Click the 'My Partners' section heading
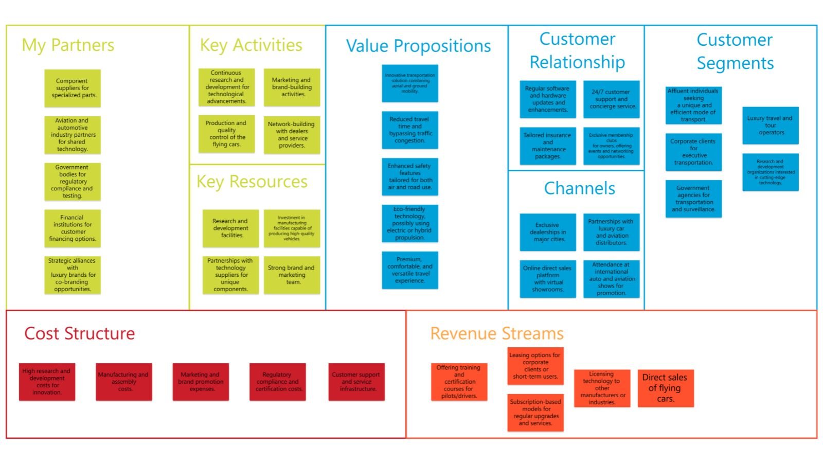(x=68, y=45)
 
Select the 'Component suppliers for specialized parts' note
(x=73, y=88)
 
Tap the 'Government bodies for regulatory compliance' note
(x=73, y=182)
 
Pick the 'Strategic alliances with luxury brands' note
(x=73, y=275)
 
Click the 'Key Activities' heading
(x=251, y=45)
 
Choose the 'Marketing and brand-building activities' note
(x=292, y=87)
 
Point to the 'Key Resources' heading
(x=252, y=182)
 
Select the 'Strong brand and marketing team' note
(x=292, y=275)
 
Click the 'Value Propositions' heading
(x=418, y=46)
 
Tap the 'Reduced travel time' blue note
(x=410, y=130)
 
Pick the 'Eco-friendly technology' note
(x=410, y=223)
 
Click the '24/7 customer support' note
(x=612, y=99)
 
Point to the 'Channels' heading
(x=580, y=188)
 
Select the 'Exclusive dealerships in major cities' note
(x=548, y=232)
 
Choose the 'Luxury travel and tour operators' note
(x=771, y=126)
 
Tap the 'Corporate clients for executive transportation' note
(x=693, y=152)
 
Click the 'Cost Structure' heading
(x=80, y=333)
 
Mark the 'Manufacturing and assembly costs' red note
(x=124, y=382)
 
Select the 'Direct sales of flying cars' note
(x=666, y=388)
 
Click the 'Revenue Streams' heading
(x=497, y=333)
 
